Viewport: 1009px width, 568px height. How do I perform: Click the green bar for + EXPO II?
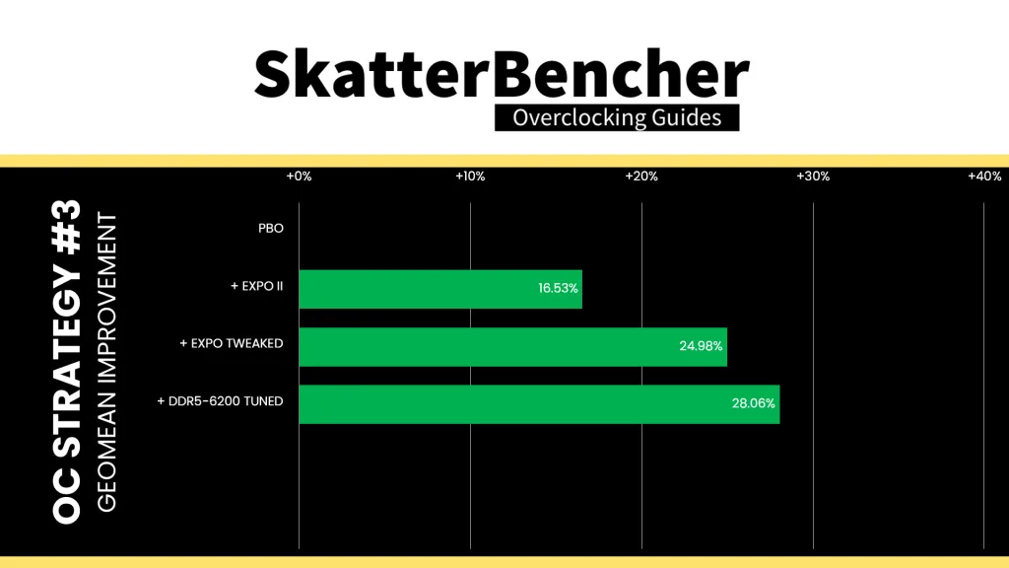440,289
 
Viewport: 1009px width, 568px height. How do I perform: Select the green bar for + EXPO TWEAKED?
512,347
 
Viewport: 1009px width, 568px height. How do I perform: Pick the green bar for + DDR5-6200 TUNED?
539,404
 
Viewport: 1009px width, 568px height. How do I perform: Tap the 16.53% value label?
558,288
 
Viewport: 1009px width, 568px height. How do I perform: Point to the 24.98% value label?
701,346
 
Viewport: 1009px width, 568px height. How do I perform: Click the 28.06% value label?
753,403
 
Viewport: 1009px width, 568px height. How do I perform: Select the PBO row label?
271,228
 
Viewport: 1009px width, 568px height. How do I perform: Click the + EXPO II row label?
257,286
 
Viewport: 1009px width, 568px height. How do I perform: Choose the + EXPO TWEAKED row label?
232,343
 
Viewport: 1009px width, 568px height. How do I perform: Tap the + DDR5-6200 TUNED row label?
220,401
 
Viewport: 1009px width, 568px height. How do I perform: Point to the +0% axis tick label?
300,176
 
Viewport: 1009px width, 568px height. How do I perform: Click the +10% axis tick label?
470,176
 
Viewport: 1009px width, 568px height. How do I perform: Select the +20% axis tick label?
641,176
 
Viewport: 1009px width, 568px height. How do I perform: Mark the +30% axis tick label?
813,176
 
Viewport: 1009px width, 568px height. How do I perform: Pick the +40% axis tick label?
984,176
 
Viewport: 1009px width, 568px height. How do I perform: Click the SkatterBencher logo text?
502,74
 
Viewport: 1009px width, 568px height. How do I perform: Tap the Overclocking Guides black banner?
617,118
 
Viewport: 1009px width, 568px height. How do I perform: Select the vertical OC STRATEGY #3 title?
67,361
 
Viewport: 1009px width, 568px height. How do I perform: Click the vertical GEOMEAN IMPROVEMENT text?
106,363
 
